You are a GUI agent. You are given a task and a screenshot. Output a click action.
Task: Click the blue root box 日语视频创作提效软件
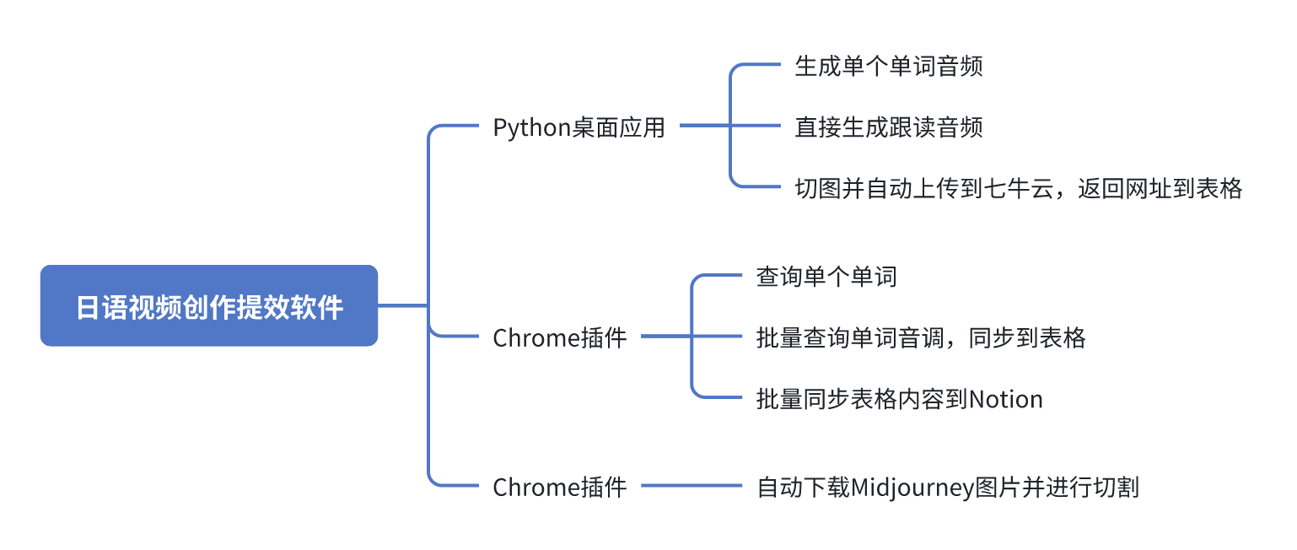coord(209,306)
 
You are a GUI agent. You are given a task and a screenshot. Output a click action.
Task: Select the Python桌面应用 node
coord(579,127)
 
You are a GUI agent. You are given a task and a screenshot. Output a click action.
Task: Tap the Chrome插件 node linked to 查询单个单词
coord(559,338)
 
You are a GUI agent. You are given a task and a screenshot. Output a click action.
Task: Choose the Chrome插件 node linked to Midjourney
coord(559,487)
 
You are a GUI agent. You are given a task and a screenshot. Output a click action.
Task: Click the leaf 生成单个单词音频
coord(888,67)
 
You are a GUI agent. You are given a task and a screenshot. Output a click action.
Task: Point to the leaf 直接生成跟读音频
coord(888,127)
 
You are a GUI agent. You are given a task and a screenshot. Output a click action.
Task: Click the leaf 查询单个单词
coord(826,276)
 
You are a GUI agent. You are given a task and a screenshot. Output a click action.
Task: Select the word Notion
coord(1006,399)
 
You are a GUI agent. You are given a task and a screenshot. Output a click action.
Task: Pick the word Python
coord(532,128)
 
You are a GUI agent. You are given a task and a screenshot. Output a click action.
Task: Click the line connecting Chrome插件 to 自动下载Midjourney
coord(692,486)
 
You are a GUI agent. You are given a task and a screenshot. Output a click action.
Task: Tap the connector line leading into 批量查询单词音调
coord(717,337)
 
